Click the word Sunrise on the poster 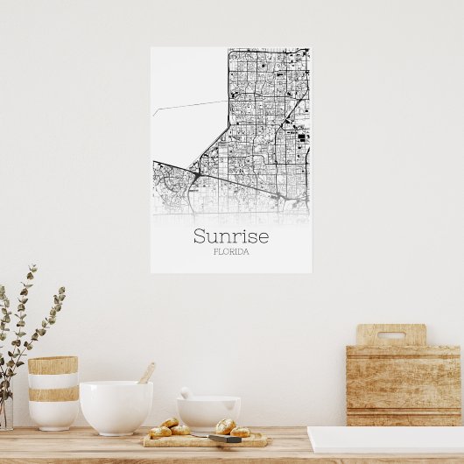click(231, 236)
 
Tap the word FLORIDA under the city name click(231, 252)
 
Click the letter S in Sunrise click(200, 236)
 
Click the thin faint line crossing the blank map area click(189, 107)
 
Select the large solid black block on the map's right click(303, 136)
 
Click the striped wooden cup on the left click(53, 391)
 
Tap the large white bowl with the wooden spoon click(116, 406)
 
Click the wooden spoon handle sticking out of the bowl click(147, 373)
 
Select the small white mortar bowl click(208, 412)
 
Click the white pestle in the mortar click(186, 394)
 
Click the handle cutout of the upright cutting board click(390, 334)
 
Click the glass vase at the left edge click(5, 411)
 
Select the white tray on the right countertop click(385, 439)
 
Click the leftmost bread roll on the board click(160, 431)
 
